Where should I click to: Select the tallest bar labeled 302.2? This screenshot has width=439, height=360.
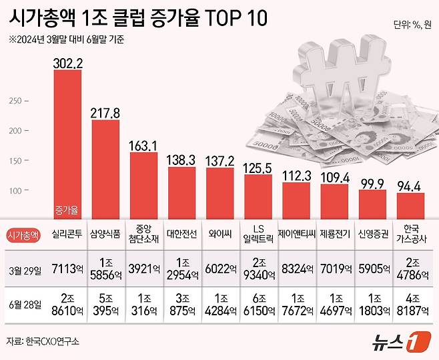(67, 140)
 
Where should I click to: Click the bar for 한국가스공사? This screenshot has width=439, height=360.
(410, 203)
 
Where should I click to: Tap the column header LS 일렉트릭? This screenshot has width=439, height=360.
(258, 235)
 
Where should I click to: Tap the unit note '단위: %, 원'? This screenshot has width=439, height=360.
(411, 26)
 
